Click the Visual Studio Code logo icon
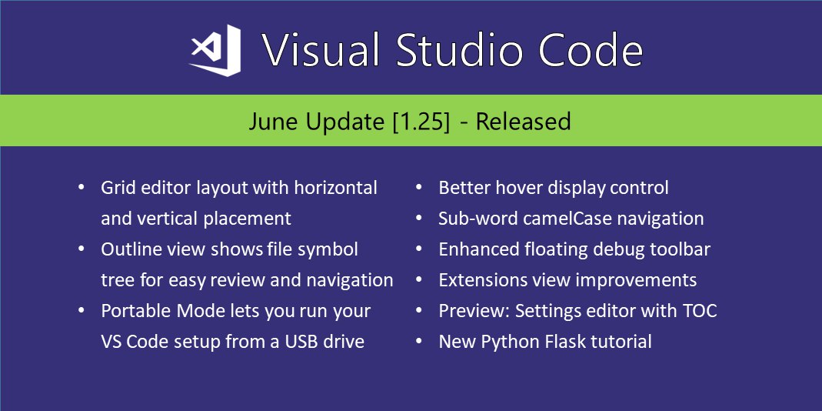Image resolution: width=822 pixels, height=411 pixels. tap(216, 50)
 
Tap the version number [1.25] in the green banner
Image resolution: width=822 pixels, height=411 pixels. tap(421, 122)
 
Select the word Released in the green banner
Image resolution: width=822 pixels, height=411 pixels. tap(523, 122)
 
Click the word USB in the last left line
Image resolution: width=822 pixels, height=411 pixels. tap(302, 342)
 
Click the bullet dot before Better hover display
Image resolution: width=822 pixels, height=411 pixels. tap(419, 187)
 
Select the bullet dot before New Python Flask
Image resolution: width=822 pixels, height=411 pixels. tap(419, 341)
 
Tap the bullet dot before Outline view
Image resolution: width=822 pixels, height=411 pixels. tap(82, 249)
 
